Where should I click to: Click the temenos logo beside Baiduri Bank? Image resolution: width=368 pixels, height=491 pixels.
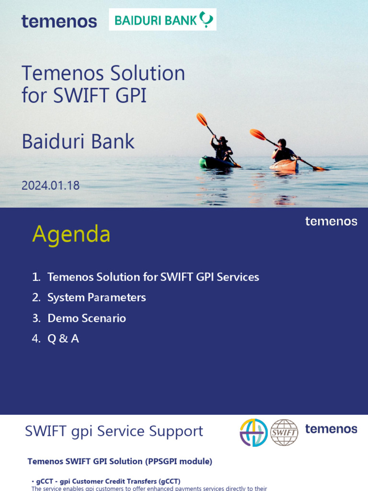pyautogui.click(x=59, y=21)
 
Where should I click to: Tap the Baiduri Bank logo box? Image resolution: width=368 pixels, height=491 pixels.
pyautogui.click(x=162, y=20)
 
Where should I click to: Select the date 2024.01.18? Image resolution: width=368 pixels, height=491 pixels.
pyautogui.click(x=50, y=185)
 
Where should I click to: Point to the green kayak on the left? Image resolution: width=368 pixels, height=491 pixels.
pyautogui.click(x=216, y=163)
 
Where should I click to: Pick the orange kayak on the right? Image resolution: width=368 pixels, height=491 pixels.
pyautogui.click(x=284, y=164)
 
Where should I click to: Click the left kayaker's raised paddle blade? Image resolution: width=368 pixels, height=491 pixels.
pyautogui.click(x=202, y=119)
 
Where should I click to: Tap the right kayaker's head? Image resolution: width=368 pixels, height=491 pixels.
pyautogui.click(x=282, y=142)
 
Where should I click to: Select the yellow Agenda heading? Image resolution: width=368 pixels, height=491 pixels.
pyautogui.click(x=71, y=234)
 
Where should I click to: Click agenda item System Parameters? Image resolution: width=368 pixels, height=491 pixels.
pyautogui.click(x=96, y=297)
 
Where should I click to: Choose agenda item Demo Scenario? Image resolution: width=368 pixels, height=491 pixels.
pyautogui.click(x=86, y=318)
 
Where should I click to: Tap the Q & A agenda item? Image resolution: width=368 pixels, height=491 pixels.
pyautogui.click(x=63, y=339)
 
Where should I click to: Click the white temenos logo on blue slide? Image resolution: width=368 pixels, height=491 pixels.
pyautogui.click(x=331, y=221)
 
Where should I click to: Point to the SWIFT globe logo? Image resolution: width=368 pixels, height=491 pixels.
pyautogui.click(x=284, y=433)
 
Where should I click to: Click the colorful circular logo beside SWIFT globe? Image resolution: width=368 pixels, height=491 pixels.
pyautogui.click(x=253, y=433)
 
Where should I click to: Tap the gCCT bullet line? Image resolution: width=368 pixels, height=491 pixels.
pyautogui.click(x=108, y=481)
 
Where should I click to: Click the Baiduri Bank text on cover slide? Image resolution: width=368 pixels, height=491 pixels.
pyautogui.click(x=78, y=141)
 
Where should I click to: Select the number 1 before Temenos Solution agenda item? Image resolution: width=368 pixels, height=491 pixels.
pyautogui.click(x=35, y=277)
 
